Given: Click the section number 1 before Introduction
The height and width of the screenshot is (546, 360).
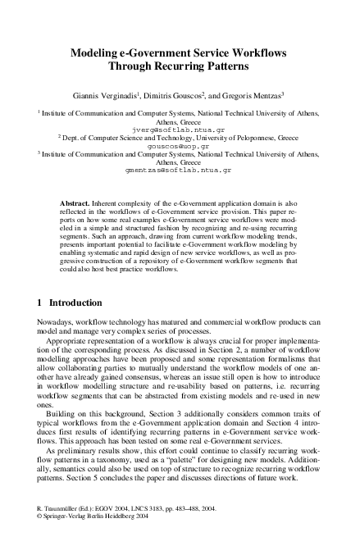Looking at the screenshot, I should tap(41, 303).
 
